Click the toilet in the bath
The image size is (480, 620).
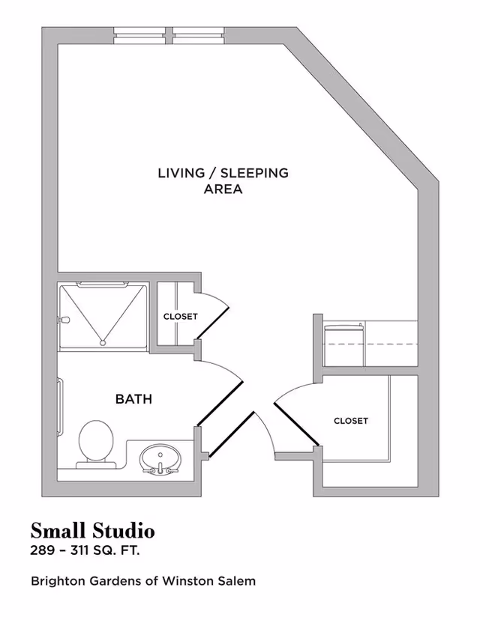[95, 443]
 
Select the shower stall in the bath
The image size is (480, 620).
[103, 316]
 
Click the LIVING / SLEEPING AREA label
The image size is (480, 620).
[223, 180]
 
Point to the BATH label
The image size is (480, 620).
[133, 399]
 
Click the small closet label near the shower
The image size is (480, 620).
[180, 317]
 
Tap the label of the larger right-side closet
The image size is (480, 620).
[351, 421]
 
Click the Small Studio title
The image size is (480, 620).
[92, 531]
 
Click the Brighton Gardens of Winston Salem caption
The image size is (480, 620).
[142, 580]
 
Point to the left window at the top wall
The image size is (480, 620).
[142, 34]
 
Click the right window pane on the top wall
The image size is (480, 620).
[199, 34]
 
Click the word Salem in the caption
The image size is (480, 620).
[239, 580]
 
